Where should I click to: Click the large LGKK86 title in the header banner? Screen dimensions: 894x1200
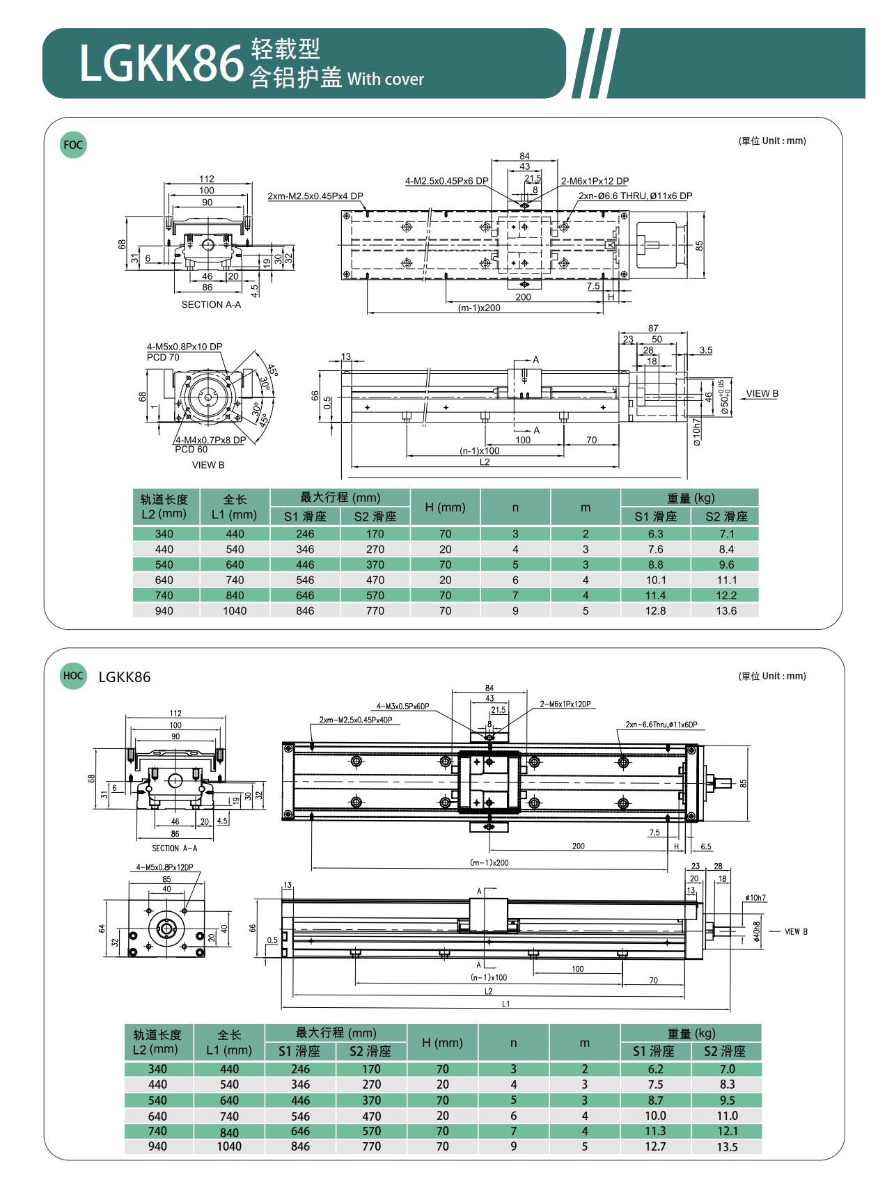161,63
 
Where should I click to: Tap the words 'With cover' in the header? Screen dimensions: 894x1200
386,79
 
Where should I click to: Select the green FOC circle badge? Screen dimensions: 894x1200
73,145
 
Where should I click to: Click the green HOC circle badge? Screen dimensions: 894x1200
73,676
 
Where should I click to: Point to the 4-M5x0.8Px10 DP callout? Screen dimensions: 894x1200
185,347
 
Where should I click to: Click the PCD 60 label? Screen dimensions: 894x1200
191,450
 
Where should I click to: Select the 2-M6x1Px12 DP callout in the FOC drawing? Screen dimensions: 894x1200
595,181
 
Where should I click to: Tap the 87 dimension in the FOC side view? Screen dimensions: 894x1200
653,328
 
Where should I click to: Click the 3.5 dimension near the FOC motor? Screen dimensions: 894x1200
706,350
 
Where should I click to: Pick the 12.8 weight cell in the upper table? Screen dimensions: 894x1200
655,610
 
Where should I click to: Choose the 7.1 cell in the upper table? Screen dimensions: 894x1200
726,534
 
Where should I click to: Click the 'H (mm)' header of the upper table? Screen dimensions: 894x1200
445,507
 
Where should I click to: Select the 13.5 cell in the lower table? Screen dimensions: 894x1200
727,1146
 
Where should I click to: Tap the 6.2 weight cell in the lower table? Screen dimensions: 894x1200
655,1069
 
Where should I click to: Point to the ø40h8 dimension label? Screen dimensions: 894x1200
757,932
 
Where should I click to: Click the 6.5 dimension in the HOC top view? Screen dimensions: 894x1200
706,847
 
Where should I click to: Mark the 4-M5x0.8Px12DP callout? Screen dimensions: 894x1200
165,867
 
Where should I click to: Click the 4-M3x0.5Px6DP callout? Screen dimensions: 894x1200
402,706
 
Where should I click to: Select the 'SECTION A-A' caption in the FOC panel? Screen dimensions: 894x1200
211,305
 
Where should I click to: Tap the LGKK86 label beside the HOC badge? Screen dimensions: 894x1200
125,677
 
